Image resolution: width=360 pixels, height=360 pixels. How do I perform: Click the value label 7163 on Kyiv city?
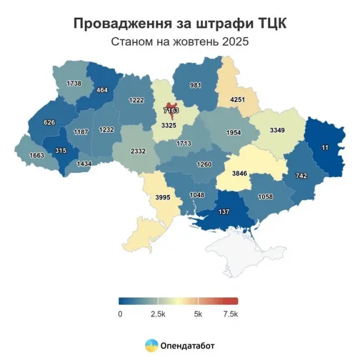pos(171,111)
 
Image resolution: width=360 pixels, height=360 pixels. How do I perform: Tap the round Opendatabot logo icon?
pos(150,346)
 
